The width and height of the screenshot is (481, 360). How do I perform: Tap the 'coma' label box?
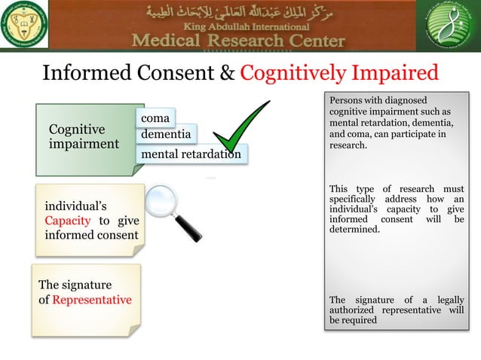click(x=154, y=118)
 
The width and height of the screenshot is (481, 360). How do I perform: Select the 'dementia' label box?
click(x=166, y=135)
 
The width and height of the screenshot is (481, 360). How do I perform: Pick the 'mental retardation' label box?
click(x=191, y=154)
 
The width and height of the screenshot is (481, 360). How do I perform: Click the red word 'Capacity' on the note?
click(x=68, y=221)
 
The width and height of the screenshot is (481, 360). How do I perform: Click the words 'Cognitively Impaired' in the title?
click(x=339, y=73)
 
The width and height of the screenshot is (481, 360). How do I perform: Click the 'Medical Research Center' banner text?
click(x=239, y=41)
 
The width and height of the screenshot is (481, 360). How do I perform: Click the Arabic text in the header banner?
click(x=239, y=12)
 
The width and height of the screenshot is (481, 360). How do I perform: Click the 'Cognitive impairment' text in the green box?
click(x=84, y=136)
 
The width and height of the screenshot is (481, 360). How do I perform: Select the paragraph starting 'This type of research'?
click(x=397, y=209)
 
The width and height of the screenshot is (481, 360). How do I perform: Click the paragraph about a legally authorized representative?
click(x=397, y=310)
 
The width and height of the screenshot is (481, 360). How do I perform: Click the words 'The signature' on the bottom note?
click(x=75, y=285)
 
